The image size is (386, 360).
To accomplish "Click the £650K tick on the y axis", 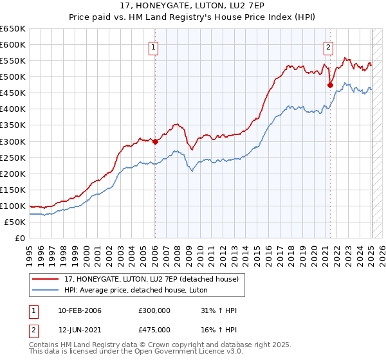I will [x=13, y=29].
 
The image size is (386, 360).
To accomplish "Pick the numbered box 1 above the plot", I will [x=155, y=47].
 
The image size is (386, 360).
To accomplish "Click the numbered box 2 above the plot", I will [x=328, y=47].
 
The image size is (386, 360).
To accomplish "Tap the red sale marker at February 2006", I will [x=156, y=141].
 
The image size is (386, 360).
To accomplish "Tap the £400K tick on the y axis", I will [x=13, y=109].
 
